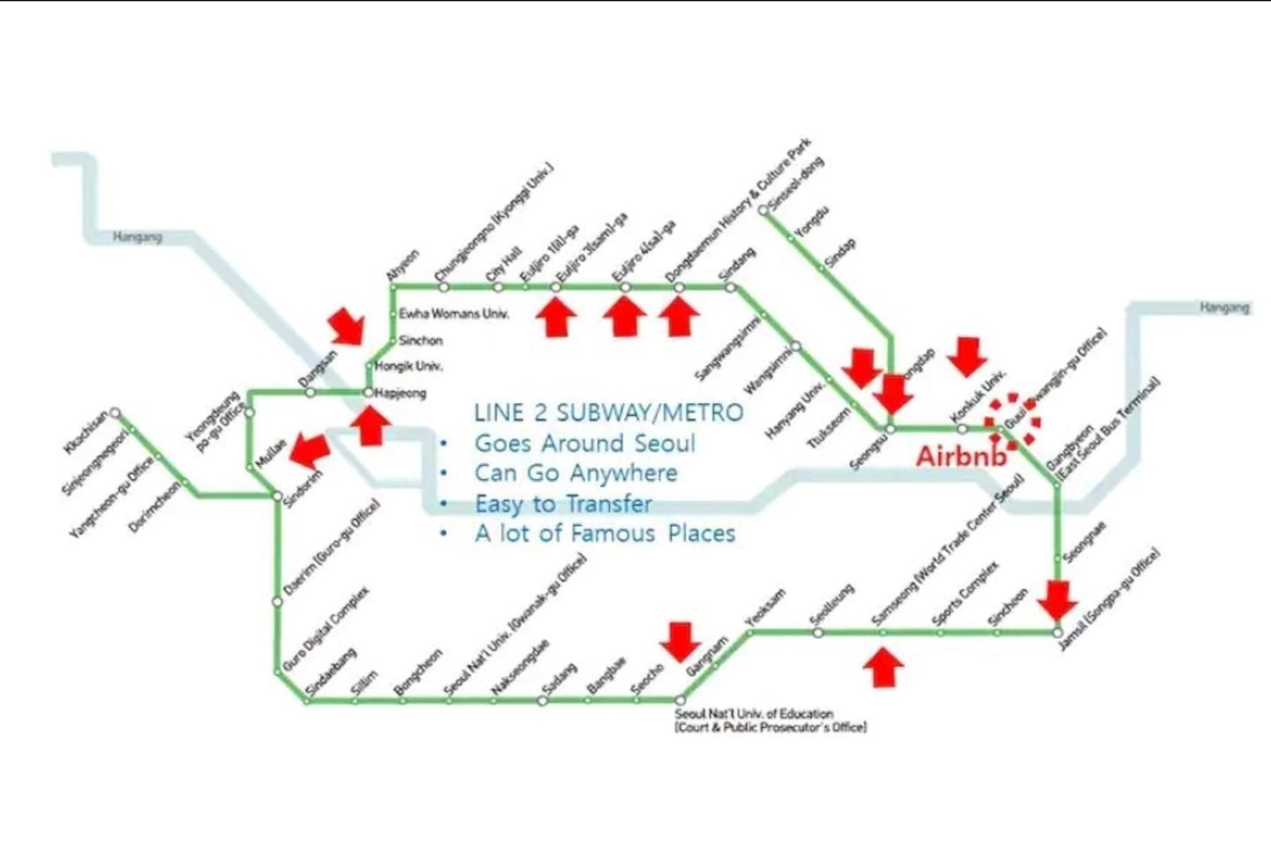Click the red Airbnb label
961,456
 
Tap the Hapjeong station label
401,394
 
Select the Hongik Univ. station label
409,366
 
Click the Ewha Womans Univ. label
454,314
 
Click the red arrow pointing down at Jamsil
1057,601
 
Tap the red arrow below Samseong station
883,667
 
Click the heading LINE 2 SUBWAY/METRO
608,413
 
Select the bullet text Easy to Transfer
563,504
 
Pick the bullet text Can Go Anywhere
575,473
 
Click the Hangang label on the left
138,237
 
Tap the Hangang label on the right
1224,308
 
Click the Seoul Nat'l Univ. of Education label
770,720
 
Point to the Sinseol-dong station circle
763,210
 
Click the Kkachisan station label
86,431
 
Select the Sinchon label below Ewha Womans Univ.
420,341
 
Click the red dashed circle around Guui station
1012,419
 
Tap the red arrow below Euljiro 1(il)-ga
556,317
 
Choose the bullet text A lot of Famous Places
605,534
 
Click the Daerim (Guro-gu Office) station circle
277,602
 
